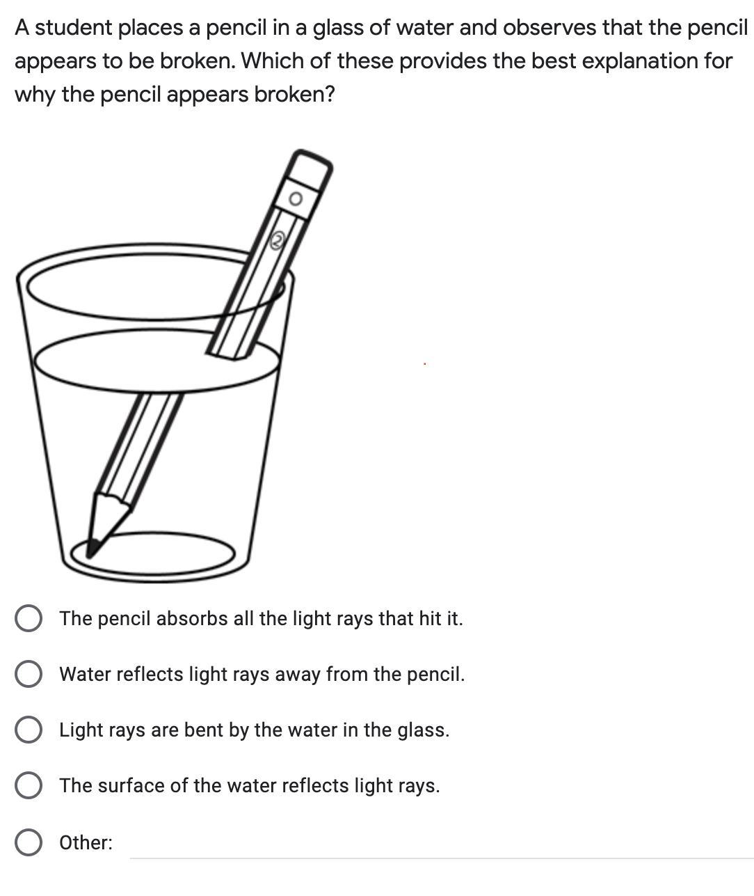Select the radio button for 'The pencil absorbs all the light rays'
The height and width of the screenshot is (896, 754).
click(x=29, y=618)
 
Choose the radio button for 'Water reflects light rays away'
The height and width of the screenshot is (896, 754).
click(x=29, y=674)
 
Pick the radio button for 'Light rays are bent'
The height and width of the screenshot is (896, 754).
click(x=29, y=730)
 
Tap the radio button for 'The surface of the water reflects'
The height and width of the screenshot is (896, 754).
click(x=29, y=785)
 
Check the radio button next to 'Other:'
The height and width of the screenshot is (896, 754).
click(x=29, y=842)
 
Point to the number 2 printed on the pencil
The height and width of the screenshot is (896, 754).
click(x=277, y=241)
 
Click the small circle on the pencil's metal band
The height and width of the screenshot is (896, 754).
click(x=296, y=198)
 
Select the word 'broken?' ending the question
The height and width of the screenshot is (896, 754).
click(x=294, y=94)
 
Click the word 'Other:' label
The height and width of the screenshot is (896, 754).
click(x=86, y=842)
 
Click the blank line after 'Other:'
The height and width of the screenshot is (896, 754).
click(x=442, y=858)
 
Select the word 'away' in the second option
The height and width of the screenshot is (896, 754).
click(x=298, y=675)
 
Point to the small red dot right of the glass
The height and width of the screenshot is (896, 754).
click(x=424, y=364)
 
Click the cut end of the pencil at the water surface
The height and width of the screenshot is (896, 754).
click(x=228, y=354)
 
